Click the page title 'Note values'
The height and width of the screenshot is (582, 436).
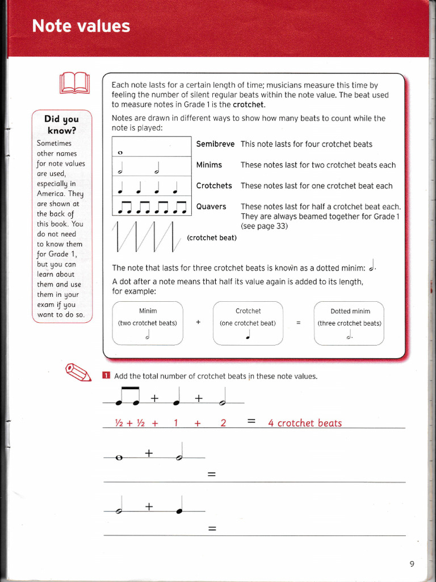[x=81, y=26]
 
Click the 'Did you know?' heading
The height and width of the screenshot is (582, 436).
[x=61, y=124]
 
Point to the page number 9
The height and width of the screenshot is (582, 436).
[x=412, y=563]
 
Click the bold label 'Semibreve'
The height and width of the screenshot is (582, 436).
[x=215, y=144]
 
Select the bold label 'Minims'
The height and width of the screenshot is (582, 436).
[x=209, y=165]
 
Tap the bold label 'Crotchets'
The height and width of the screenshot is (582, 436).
[x=214, y=186]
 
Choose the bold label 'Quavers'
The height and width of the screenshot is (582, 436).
[x=211, y=207]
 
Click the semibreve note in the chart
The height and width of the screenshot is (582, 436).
[x=120, y=152]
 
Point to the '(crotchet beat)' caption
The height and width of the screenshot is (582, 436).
[x=211, y=238]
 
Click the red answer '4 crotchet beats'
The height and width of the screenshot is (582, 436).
[x=305, y=423]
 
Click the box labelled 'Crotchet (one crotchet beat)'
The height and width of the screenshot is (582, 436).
[x=248, y=323]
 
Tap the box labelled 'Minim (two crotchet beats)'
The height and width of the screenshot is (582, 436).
[x=148, y=323]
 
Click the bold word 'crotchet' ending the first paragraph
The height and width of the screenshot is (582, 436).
[x=248, y=105]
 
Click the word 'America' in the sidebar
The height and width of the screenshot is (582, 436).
[x=53, y=194]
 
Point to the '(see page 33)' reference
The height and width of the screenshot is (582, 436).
[x=264, y=226]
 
